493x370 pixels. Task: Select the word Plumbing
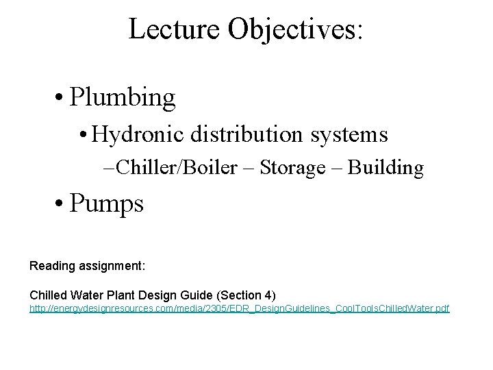point(123,98)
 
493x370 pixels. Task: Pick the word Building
point(385,168)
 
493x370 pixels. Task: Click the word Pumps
point(108,204)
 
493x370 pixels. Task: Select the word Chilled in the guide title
point(49,295)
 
